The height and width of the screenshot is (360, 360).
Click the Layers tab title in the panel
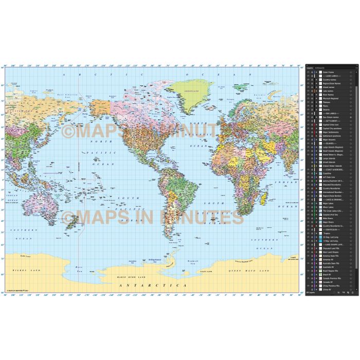click(x=310, y=68)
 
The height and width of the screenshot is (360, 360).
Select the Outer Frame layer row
click(x=329, y=72)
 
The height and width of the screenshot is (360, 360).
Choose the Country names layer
click(x=330, y=80)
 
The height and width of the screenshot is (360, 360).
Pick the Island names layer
click(x=329, y=87)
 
